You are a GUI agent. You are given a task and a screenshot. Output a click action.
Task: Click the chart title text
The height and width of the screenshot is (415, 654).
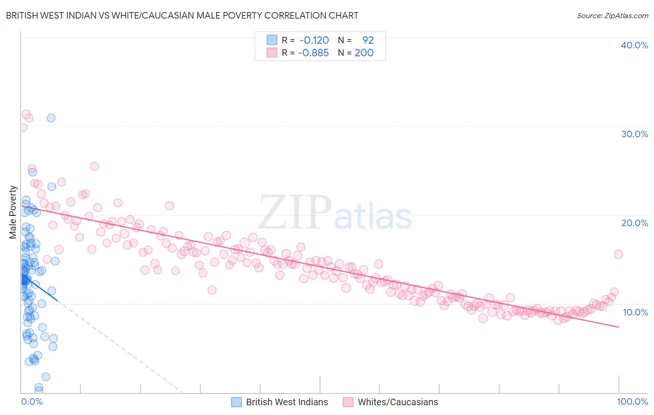(182, 15)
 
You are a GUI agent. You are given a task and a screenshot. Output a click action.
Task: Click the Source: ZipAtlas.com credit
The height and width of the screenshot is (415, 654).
(612, 15)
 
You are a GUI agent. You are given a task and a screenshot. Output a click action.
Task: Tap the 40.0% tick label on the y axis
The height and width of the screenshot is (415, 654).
(634, 45)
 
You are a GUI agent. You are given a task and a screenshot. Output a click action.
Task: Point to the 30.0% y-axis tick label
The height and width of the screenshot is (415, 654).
(634, 134)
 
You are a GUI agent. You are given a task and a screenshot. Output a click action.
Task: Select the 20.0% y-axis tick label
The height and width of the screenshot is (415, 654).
(634, 223)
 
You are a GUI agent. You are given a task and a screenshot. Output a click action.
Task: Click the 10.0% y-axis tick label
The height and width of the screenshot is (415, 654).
(635, 312)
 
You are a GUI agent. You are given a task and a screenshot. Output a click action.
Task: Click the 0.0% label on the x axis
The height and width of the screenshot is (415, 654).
(32, 402)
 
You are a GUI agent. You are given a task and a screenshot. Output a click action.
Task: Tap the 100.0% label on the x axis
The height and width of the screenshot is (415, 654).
(632, 402)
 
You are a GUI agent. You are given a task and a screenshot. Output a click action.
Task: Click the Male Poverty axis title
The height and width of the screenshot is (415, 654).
(13, 212)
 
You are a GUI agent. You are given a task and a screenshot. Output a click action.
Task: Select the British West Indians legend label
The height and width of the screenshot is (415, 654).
(287, 402)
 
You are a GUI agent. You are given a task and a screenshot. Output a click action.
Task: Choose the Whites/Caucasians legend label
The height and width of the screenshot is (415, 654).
(398, 402)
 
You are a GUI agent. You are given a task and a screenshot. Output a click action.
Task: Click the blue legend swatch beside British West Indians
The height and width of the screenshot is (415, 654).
(236, 402)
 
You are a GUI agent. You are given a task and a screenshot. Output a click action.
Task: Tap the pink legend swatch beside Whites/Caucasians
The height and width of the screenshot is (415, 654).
(348, 402)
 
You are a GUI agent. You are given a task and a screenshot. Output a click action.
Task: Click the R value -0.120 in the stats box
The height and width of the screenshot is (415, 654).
(314, 40)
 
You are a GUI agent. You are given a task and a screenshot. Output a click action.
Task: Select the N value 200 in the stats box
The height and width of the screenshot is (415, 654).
(364, 53)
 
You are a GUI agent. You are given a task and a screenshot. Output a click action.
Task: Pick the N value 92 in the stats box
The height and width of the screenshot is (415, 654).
(368, 40)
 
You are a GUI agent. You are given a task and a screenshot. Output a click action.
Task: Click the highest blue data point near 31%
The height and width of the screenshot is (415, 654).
(51, 118)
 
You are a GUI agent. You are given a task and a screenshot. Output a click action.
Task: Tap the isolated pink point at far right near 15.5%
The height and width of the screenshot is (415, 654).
(618, 254)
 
